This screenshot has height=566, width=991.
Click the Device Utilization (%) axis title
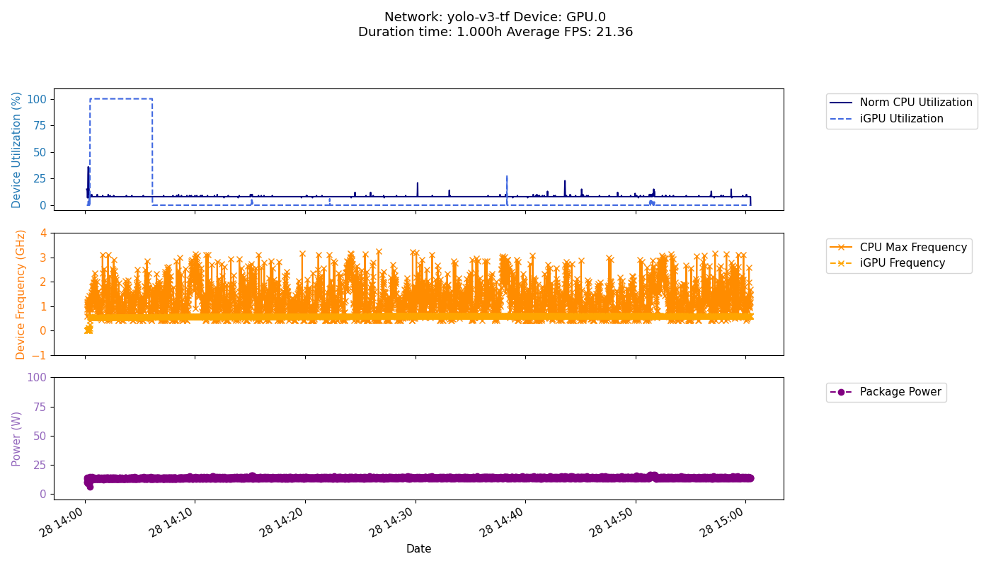pyautogui.click(x=17, y=149)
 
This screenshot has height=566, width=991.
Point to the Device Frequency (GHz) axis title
pyautogui.click(x=21, y=294)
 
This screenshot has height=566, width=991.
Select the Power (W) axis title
pyautogui.click(x=17, y=439)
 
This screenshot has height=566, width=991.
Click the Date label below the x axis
pyautogui.click(x=418, y=549)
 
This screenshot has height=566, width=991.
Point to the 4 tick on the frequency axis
pyautogui.click(x=43, y=233)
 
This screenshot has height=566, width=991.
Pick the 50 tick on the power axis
pyautogui.click(x=40, y=436)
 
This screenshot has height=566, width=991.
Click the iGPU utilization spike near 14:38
pyautogui.click(x=507, y=185)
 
